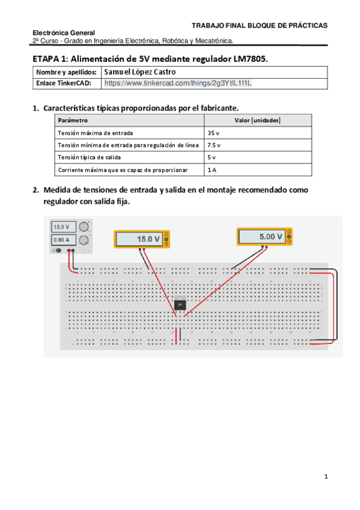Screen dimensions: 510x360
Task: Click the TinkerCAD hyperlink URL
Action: pos(178,84)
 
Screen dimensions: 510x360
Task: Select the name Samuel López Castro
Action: pos(140,72)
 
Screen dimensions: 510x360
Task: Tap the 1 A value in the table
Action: pos(212,170)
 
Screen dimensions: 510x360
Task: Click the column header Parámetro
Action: pos(72,121)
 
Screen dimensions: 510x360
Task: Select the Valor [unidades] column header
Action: pos(257,121)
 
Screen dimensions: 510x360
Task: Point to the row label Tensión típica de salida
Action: pos(88,158)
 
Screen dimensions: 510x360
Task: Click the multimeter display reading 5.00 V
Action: pos(263,237)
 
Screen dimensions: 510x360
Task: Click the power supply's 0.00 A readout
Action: pos(62,240)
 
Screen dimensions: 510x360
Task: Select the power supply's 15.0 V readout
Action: pos(62,227)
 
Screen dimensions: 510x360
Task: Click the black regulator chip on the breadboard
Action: pos(180,304)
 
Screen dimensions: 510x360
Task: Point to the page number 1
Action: pos(326,477)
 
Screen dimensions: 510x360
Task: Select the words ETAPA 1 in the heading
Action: pos(50,59)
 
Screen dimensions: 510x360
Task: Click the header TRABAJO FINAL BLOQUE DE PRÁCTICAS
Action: pos(259,26)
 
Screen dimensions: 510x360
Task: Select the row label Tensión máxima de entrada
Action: pos(95,133)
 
